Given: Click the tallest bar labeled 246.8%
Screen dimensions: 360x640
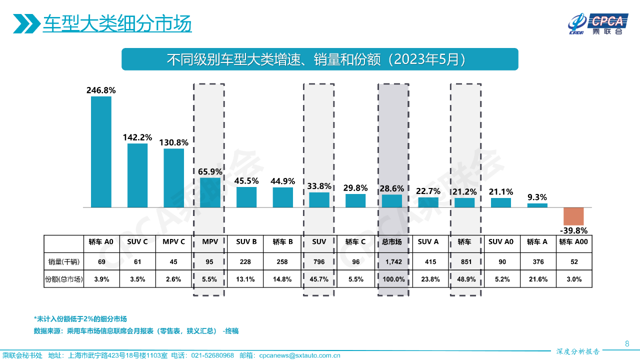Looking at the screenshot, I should pyautogui.click(x=101, y=151).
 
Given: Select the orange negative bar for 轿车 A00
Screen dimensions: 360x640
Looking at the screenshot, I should pyautogui.click(x=573, y=216).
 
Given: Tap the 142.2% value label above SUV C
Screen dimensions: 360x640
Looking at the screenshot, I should pyautogui.click(x=137, y=137).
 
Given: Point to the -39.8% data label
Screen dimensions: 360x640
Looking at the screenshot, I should pyautogui.click(x=573, y=230).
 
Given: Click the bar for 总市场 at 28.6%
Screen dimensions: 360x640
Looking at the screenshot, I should pyautogui.click(x=392, y=201).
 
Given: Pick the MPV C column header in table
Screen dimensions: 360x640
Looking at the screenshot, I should pyautogui.click(x=174, y=242).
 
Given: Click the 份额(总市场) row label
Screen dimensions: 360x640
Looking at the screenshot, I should pyautogui.click(x=63, y=279).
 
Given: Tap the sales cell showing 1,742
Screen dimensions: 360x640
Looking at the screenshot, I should pyautogui.click(x=392, y=261).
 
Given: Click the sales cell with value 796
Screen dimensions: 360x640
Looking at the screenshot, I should pyautogui.click(x=319, y=261).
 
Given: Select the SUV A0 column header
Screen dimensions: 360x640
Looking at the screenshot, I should pyautogui.click(x=501, y=242).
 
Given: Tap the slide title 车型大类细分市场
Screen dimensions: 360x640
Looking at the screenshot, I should pyautogui.click(x=117, y=24).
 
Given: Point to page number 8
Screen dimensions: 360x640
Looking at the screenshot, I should pyautogui.click(x=627, y=343).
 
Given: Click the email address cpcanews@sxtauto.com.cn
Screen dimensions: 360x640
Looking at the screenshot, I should pyautogui.click(x=299, y=355).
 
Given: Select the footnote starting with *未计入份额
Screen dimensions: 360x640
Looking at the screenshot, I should pyautogui.click(x=80, y=319).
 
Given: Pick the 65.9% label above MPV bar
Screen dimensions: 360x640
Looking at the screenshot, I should pyautogui.click(x=210, y=171).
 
